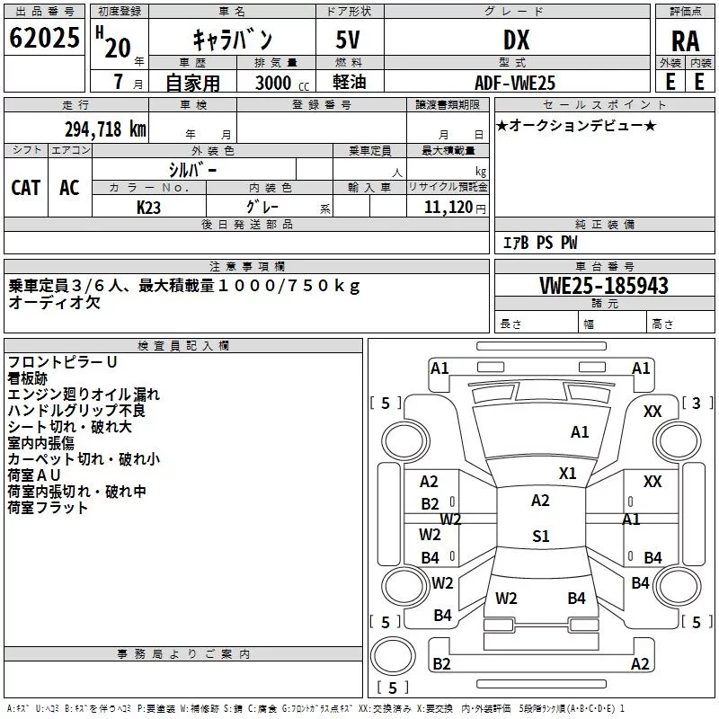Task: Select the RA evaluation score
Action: [685, 41]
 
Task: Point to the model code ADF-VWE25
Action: [515, 83]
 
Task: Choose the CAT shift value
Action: [26, 187]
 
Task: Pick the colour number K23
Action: [149, 208]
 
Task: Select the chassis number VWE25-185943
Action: [604, 286]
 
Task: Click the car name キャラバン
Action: [233, 40]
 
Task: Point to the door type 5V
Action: [350, 40]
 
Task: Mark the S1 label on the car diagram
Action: [540, 537]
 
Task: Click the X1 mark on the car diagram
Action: [568, 473]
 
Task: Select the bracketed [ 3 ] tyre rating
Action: [697, 403]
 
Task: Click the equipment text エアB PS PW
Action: [539, 243]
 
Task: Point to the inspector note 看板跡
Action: [30, 377]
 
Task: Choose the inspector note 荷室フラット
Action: [49, 508]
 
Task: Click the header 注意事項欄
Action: [247, 266]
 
